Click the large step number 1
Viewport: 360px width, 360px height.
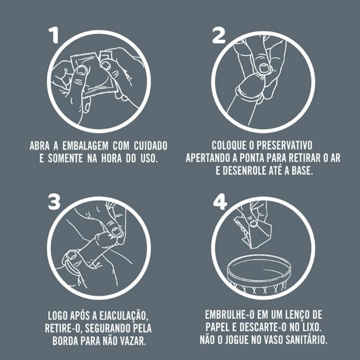point(54,35)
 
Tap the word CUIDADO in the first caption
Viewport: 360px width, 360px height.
point(151,146)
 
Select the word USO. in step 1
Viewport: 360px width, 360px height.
point(149,158)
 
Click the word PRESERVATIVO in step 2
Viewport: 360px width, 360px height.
point(284,145)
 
